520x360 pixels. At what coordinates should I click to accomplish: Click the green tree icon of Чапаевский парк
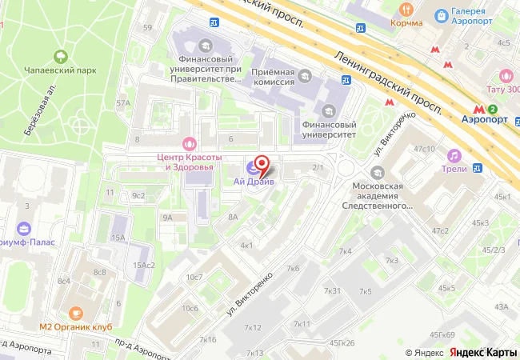59,56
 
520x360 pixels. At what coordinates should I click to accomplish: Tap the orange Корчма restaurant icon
406,10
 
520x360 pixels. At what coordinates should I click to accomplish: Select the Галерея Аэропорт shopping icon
441,14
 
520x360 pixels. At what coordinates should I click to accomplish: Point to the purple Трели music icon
454,154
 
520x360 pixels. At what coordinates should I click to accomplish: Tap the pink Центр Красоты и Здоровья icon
189,144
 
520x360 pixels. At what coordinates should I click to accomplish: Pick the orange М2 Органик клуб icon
76,314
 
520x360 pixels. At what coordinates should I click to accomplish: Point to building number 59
146,28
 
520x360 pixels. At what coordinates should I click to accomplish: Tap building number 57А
122,103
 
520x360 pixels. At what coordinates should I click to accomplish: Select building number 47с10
424,149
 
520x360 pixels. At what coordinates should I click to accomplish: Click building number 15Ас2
144,265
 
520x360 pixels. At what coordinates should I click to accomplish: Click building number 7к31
332,290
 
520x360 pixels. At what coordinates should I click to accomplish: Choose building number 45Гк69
442,334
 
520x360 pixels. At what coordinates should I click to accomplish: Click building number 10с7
194,277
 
